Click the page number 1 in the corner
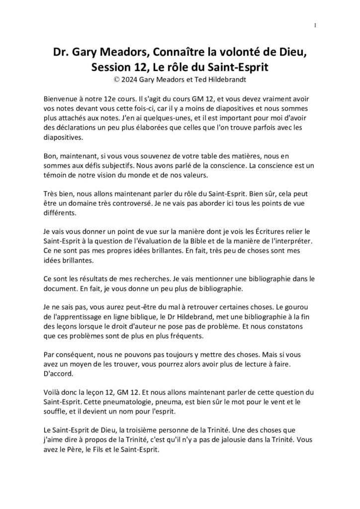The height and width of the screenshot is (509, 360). pyautogui.click(x=315, y=25)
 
